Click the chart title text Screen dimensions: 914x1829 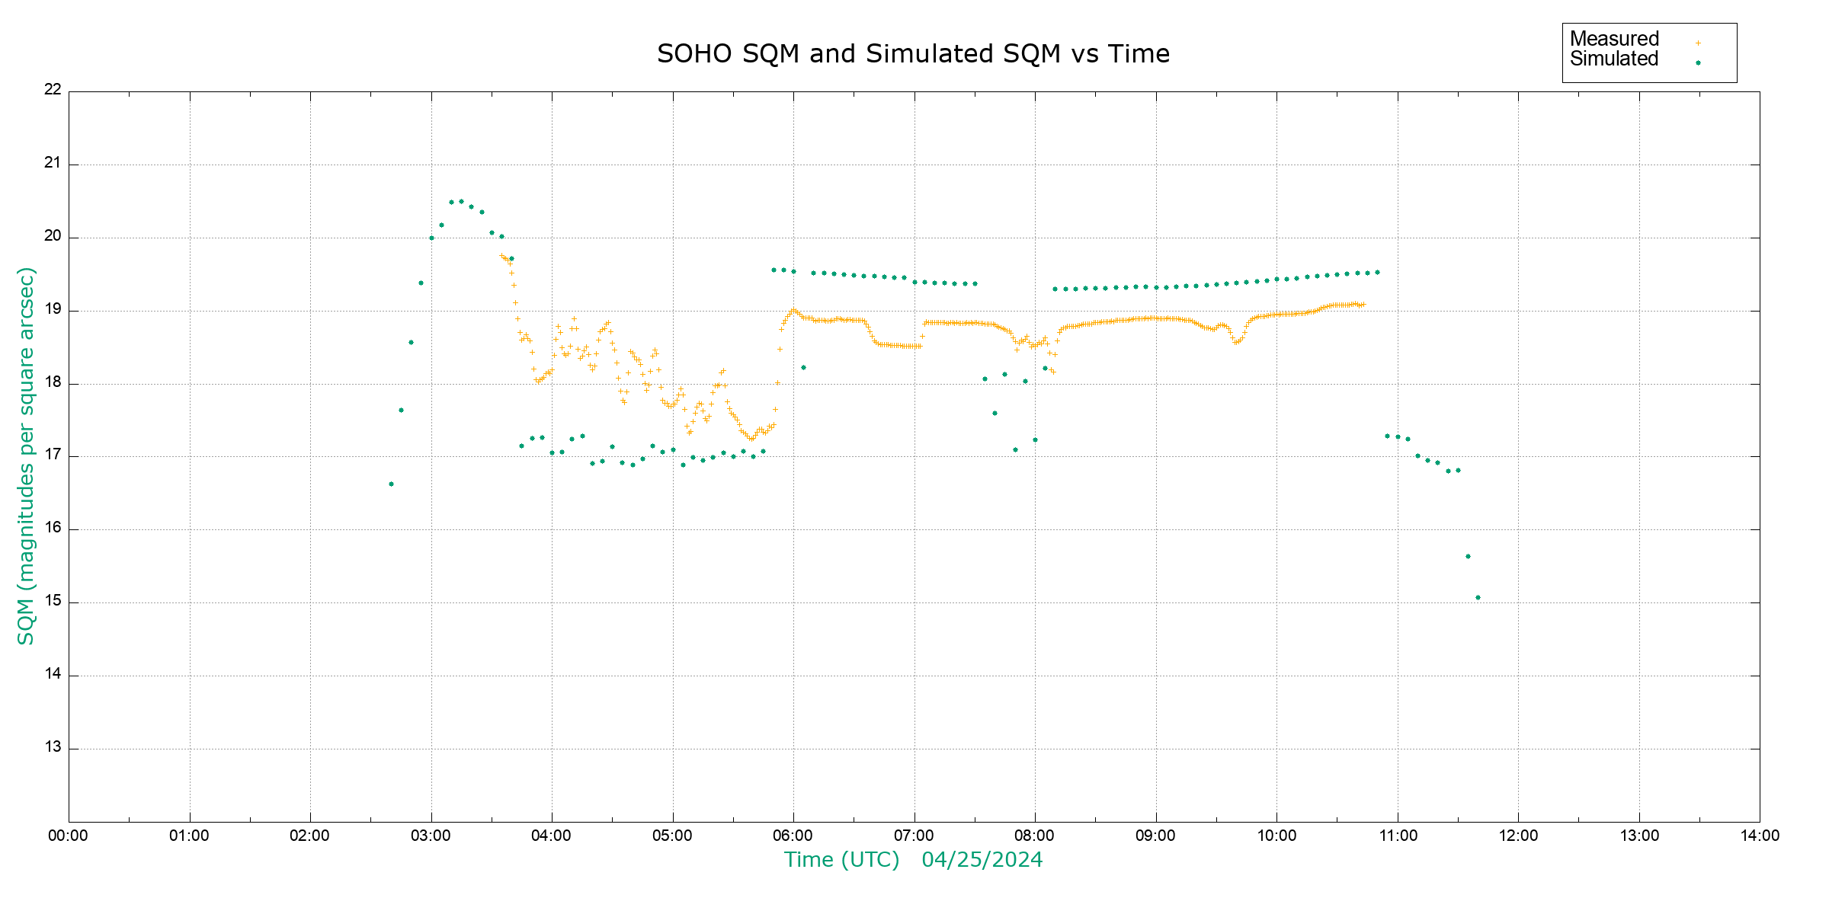pyautogui.click(x=913, y=54)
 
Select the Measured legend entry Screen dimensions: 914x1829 pyautogui.click(x=1614, y=39)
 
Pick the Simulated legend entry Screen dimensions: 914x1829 pyautogui.click(x=1614, y=59)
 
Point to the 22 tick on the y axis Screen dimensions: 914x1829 pyautogui.click(x=53, y=89)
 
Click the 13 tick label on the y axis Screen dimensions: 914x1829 pyautogui.click(x=53, y=747)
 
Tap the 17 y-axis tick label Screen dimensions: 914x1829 pyautogui.click(x=53, y=455)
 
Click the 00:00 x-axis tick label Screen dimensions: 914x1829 pyautogui.click(x=69, y=836)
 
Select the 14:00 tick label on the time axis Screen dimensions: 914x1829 pyautogui.click(x=1760, y=836)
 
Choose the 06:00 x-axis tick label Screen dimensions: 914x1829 pyautogui.click(x=793, y=836)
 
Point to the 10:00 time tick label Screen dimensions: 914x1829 pyautogui.click(x=1276, y=836)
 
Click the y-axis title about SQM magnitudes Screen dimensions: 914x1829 pyautogui.click(x=26, y=455)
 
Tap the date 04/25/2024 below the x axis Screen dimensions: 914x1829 pyautogui.click(x=982, y=860)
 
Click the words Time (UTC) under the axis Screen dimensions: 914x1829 pyautogui.click(x=841, y=860)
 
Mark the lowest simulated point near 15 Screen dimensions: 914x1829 pyautogui.click(x=1478, y=598)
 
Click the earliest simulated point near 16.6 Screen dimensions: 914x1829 pyautogui.click(x=391, y=484)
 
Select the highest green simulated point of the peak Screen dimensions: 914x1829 pyautogui.click(x=460, y=202)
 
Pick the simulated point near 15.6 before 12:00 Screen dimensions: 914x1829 pyautogui.click(x=1468, y=557)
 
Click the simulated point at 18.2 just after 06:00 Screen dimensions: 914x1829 pyautogui.click(x=803, y=368)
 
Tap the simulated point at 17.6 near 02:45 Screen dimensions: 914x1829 pyautogui.click(x=401, y=411)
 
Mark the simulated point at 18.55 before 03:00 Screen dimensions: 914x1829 pyautogui.click(x=411, y=343)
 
